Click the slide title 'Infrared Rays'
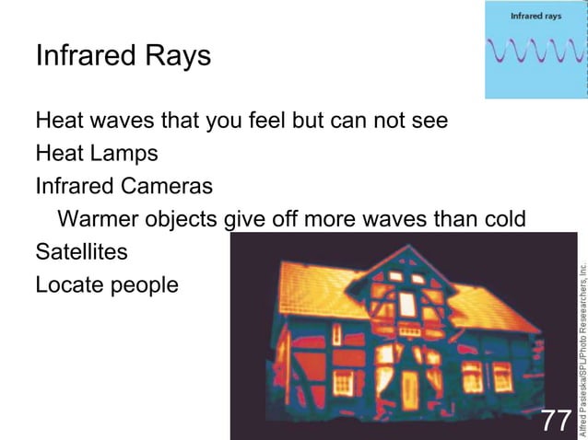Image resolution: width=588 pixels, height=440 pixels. (123, 56)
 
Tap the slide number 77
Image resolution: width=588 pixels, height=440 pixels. (556, 420)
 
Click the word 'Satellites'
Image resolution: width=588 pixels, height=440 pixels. (81, 251)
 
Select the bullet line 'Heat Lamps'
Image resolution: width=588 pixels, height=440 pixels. (96, 153)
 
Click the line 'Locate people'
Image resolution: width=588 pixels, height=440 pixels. (106, 285)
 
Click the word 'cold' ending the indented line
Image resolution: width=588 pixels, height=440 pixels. (504, 219)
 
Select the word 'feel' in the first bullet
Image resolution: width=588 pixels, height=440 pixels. (269, 120)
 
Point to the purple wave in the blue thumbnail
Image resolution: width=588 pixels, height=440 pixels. (537, 50)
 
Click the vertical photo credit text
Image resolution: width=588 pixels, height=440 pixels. (581, 345)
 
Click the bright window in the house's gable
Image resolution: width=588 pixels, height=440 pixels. (406, 304)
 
